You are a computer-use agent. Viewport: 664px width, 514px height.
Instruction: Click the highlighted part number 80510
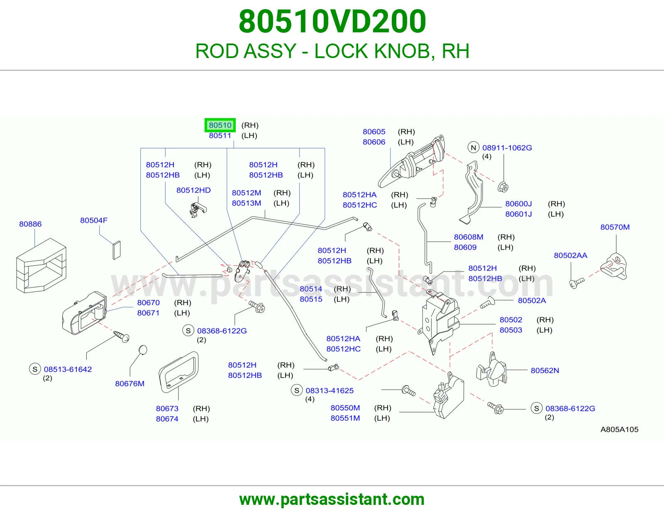220,125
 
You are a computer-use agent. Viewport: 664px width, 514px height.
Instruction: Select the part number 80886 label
30,224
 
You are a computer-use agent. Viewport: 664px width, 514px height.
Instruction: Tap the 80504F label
94,221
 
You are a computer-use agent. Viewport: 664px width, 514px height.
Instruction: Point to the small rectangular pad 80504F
117,250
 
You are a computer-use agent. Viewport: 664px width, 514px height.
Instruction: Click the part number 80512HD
193,190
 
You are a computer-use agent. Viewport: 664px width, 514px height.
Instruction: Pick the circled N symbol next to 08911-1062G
474,148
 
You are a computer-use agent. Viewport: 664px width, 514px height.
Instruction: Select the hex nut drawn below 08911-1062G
503,187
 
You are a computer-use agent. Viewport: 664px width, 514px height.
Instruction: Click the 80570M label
615,227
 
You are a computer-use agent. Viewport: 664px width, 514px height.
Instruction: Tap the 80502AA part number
571,255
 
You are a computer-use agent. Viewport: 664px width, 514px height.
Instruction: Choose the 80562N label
545,371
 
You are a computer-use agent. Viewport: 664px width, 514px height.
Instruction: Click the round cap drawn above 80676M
143,350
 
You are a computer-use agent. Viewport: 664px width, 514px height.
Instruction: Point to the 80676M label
129,384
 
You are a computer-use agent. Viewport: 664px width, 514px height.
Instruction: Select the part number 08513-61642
68,369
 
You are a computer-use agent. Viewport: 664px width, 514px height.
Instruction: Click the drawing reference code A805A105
619,429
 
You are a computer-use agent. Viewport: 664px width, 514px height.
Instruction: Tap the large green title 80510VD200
332,21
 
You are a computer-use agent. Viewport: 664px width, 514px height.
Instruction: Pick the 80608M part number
469,237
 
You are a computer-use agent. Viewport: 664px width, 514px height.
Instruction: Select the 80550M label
345,408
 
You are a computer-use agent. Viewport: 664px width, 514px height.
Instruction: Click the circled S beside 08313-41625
296,390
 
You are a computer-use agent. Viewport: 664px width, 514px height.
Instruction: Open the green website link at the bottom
332,499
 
